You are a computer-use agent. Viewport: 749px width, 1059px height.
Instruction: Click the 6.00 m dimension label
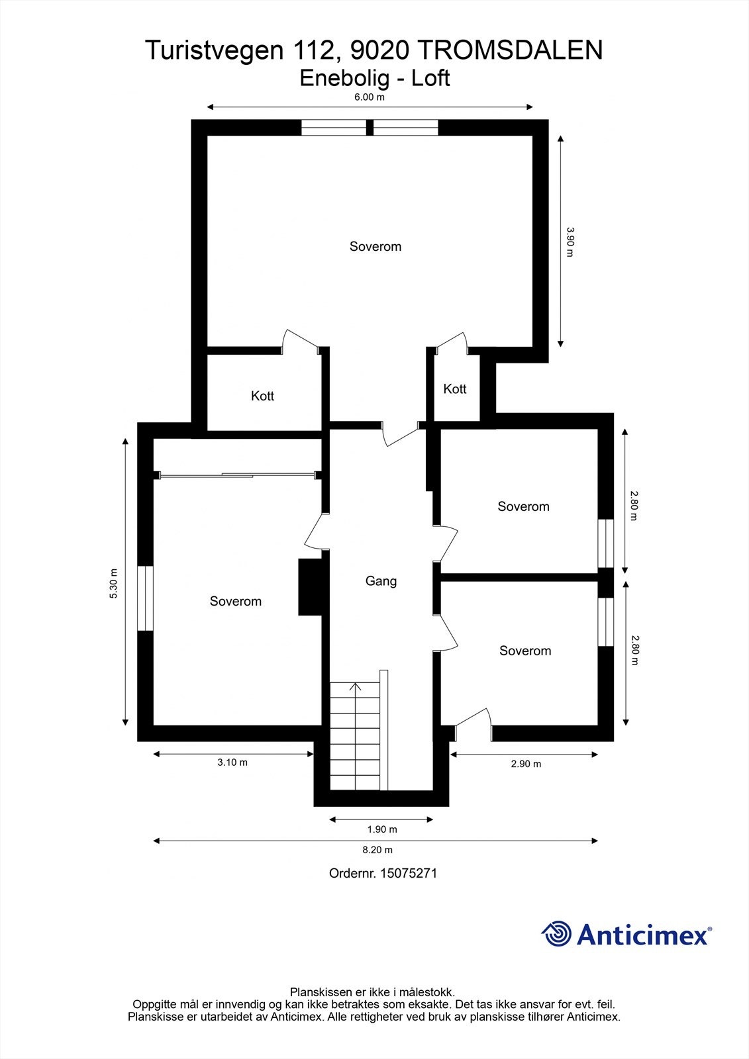(370, 97)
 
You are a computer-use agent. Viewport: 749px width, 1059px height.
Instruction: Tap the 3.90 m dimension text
(570, 242)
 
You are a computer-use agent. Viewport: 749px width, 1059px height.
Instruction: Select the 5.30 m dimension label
(113, 584)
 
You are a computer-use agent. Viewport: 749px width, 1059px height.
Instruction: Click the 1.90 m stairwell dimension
(382, 829)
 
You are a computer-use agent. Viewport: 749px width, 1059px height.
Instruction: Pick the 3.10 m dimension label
(232, 762)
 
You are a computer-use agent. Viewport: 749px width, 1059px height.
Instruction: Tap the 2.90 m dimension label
(526, 764)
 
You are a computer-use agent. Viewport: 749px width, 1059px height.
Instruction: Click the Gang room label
(381, 581)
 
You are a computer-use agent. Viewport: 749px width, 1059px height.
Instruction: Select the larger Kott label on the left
(262, 396)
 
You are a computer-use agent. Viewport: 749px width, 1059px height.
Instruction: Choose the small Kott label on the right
(455, 389)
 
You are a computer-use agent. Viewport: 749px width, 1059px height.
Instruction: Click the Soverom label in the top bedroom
(375, 246)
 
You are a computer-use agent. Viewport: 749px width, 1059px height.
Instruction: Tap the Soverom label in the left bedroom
(236, 601)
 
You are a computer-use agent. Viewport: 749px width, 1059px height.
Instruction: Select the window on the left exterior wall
(145, 598)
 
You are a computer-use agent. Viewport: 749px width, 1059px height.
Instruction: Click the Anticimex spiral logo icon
(556, 934)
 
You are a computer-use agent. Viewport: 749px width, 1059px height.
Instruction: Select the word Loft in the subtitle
(430, 78)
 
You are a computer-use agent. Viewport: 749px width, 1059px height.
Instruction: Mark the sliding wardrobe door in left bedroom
(236, 475)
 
